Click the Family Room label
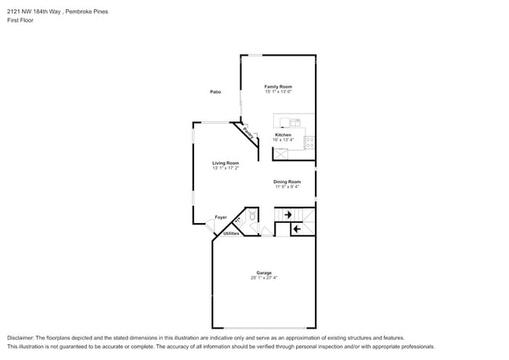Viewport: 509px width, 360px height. (x=277, y=86)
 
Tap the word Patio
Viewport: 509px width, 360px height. (x=215, y=92)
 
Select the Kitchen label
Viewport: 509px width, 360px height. (x=283, y=135)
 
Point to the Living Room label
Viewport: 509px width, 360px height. (x=225, y=163)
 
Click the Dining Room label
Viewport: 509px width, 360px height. (x=287, y=182)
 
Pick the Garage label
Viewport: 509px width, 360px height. (x=263, y=272)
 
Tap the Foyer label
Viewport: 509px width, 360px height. (x=221, y=217)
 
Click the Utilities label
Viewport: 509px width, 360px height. (x=231, y=233)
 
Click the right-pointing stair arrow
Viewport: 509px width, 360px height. (x=287, y=214)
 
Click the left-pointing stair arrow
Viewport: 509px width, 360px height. (x=297, y=229)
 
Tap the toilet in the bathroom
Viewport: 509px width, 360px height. (x=252, y=218)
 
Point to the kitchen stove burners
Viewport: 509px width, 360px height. (x=309, y=142)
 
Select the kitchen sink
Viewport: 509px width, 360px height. (x=295, y=122)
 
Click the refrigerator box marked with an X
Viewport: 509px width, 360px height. (x=280, y=154)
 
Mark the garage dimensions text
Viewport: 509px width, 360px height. (x=263, y=278)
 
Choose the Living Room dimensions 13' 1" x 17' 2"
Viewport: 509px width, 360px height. (x=225, y=168)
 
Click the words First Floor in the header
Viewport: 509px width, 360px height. (x=21, y=20)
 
